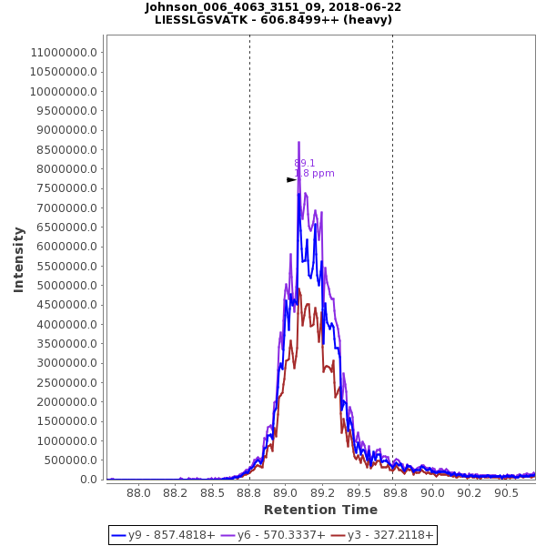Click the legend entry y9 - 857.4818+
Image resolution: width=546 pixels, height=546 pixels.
point(171,535)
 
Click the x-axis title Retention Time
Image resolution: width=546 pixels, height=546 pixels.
point(320,510)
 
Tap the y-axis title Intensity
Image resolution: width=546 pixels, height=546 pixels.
point(18,259)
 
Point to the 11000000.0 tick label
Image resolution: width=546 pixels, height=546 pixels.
point(65,52)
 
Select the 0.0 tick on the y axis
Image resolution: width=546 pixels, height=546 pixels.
point(89,480)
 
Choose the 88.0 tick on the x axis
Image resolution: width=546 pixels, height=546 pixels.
point(138,492)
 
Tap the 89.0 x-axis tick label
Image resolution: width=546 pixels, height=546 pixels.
point(286,492)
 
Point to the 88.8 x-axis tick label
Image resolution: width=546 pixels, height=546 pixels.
point(249,492)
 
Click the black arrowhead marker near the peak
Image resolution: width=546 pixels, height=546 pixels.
point(291,180)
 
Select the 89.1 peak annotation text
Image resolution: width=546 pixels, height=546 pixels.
point(305,164)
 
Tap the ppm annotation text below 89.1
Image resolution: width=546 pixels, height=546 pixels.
point(314,174)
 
